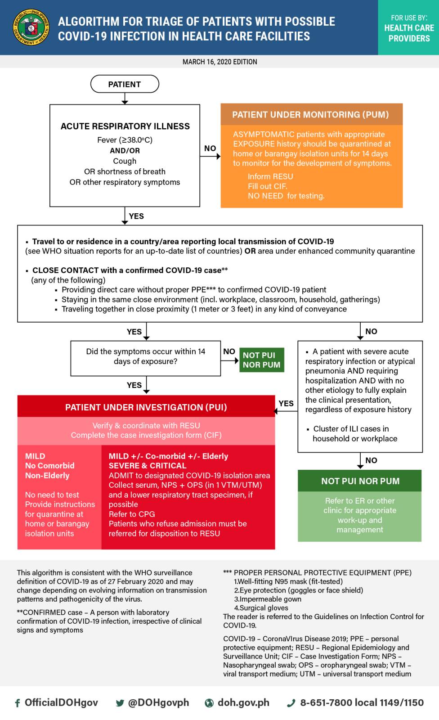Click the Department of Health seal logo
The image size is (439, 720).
[x=31, y=27]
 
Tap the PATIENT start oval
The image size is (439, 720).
[x=125, y=84]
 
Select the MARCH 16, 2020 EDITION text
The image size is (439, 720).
[x=220, y=62]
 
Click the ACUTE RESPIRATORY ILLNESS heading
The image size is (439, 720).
[x=125, y=126]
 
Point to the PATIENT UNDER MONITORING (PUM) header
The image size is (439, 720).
[x=311, y=114]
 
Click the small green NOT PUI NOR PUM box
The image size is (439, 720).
[x=262, y=360]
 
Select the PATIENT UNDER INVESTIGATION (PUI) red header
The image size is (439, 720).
[x=146, y=407]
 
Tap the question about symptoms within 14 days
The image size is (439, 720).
[x=146, y=356]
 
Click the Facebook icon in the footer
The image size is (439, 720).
[x=18, y=703]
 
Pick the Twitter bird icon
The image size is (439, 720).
[x=120, y=703]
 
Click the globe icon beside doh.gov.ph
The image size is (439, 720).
[x=209, y=703]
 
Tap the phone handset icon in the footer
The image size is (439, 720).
[x=291, y=703]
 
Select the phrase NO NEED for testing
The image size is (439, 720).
[x=286, y=196]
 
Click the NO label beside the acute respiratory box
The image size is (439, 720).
[x=210, y=148]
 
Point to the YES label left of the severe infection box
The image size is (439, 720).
[x=286, y=403]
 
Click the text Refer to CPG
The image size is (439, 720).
[x=132, y=514]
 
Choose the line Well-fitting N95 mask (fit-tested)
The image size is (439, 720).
[x=288, y=581]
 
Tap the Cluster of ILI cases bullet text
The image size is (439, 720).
[x=352, y=434]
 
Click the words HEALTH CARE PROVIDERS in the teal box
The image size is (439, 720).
[x=409, y=33]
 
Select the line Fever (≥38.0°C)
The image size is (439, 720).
[x=125, y=140]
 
